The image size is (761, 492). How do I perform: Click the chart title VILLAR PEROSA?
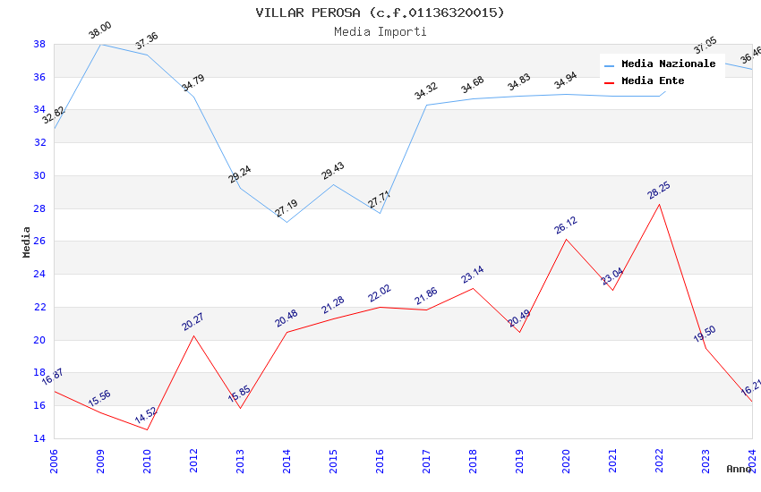pyautogui.click(x=380, y=13)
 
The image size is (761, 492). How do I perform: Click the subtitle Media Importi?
pyautogui.click(x=380, y=32)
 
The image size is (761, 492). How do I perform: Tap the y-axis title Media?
pyautogui.click(x=27, y=242)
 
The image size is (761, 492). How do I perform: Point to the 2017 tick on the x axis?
pyautogui.click(x=426, y=459)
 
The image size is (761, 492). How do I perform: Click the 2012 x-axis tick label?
pyautogui.click(x=193, y=459)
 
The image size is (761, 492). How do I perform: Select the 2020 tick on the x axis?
pyautogui.click(x=566, y=459)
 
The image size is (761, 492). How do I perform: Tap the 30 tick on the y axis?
pyautogui.click(x=39, y=175)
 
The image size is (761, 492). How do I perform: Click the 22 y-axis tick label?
pyautogui.click(x=39, y=308)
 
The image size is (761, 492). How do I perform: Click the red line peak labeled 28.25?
pyautogui.click(x=660, y=204)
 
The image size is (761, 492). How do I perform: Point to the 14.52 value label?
pyautogui.click(x=146, y=416)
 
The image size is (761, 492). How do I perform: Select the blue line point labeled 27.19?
pyautogui.click(x=286, y=222)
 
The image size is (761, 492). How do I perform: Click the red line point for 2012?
pyautogui.click(x=193, y=335)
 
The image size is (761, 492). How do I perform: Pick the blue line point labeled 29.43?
pyautogui.click(x=333, y=184)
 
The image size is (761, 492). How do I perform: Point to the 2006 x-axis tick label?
pyautogui.click(x=54, y=459)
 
